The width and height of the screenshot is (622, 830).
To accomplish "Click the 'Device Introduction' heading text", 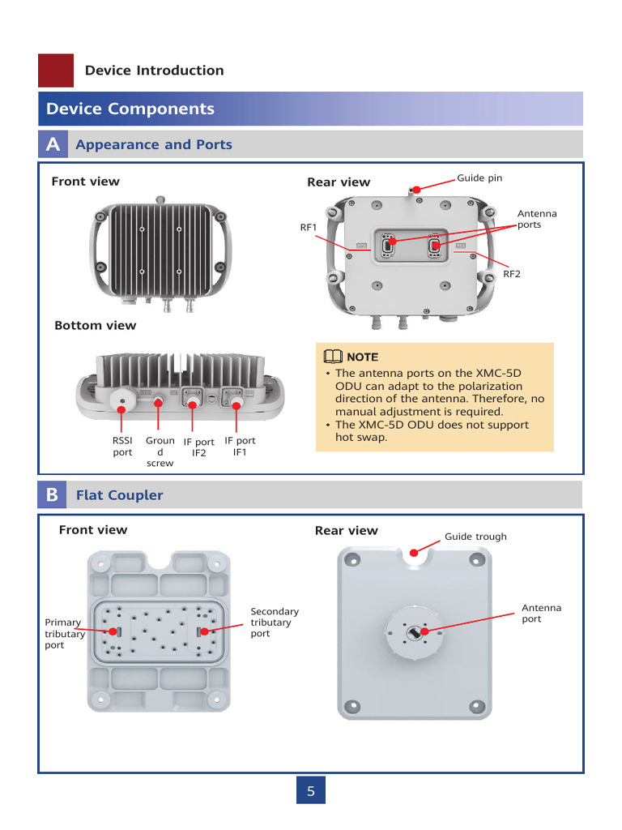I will (154, 71).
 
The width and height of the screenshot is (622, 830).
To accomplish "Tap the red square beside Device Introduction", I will (56, 71).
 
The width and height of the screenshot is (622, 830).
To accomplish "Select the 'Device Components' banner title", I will (130, 109).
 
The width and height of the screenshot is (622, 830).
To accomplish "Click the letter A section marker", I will (53, 144).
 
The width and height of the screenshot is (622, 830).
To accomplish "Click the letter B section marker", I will (53, 494).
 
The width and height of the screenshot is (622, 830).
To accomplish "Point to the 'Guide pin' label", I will (479, 178).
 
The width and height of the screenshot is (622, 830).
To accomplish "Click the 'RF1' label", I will (308, 228).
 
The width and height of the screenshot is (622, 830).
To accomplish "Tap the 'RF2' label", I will (512, 275).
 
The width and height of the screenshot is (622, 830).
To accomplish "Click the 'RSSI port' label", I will (122, 447).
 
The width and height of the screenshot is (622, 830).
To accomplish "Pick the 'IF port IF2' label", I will (198, 447).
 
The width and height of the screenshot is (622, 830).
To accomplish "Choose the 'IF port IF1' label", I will (240, 447).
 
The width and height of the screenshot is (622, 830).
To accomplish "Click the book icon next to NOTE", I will (332, 357).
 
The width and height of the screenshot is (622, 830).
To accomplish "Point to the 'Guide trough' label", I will (475, 537).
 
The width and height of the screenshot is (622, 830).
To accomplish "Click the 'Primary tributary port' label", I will (65, 634).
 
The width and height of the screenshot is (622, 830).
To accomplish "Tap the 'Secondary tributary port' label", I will (275, 622).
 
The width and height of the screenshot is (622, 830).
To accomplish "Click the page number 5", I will (311, 791).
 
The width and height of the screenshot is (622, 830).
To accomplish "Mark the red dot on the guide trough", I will (415, 553).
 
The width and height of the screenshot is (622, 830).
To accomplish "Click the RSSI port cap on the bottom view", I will (122, 400).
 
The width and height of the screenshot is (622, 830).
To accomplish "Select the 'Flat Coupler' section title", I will (119, 495).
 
